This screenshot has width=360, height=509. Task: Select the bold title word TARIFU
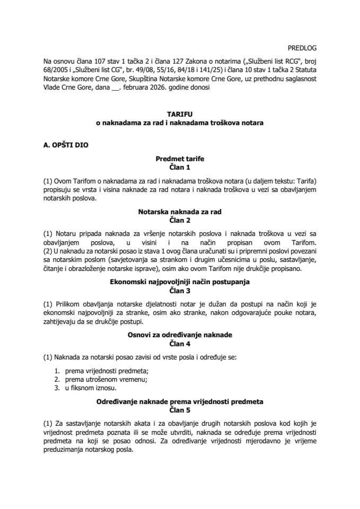click(179, 115)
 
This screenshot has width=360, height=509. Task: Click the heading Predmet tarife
click(179, 158)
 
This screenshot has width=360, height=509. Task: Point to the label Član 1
click(179, 166)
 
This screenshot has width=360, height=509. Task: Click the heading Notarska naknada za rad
click(179, 211)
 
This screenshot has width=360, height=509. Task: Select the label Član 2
click(179, 219)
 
